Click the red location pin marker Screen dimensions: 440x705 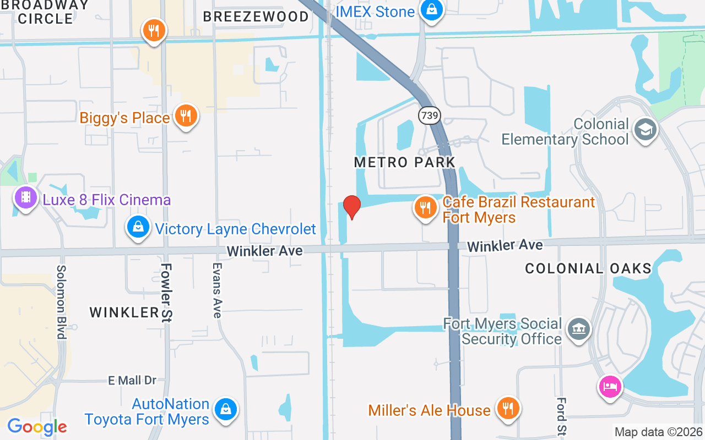click(x=351, y=207)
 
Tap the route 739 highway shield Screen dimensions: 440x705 click(x=428, y=116)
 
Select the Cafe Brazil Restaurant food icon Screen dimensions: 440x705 click(x=425, y=208)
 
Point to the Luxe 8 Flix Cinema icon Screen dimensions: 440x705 click(x=26, y=197)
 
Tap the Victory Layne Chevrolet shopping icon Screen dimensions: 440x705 click(x=138, y=227)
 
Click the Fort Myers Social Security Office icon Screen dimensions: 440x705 click(x=578, y=329)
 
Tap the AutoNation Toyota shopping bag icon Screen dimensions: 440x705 click(x=225, y=409)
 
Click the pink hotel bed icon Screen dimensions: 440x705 click(x=610, y=387)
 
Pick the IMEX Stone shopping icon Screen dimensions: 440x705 click(x=432, y=10)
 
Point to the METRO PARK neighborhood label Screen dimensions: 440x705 click(x=405, y=162)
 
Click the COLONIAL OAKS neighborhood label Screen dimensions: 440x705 click(x=588, y=269)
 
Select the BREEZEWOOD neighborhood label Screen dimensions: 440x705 click(x=256, y=16)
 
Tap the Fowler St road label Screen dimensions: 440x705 click(x=166, y=292)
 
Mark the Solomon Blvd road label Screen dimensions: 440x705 click(x=61, y=302)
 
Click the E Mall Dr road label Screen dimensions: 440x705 click(x=132, y=380)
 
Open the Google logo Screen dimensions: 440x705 click(x=37, y=427)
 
